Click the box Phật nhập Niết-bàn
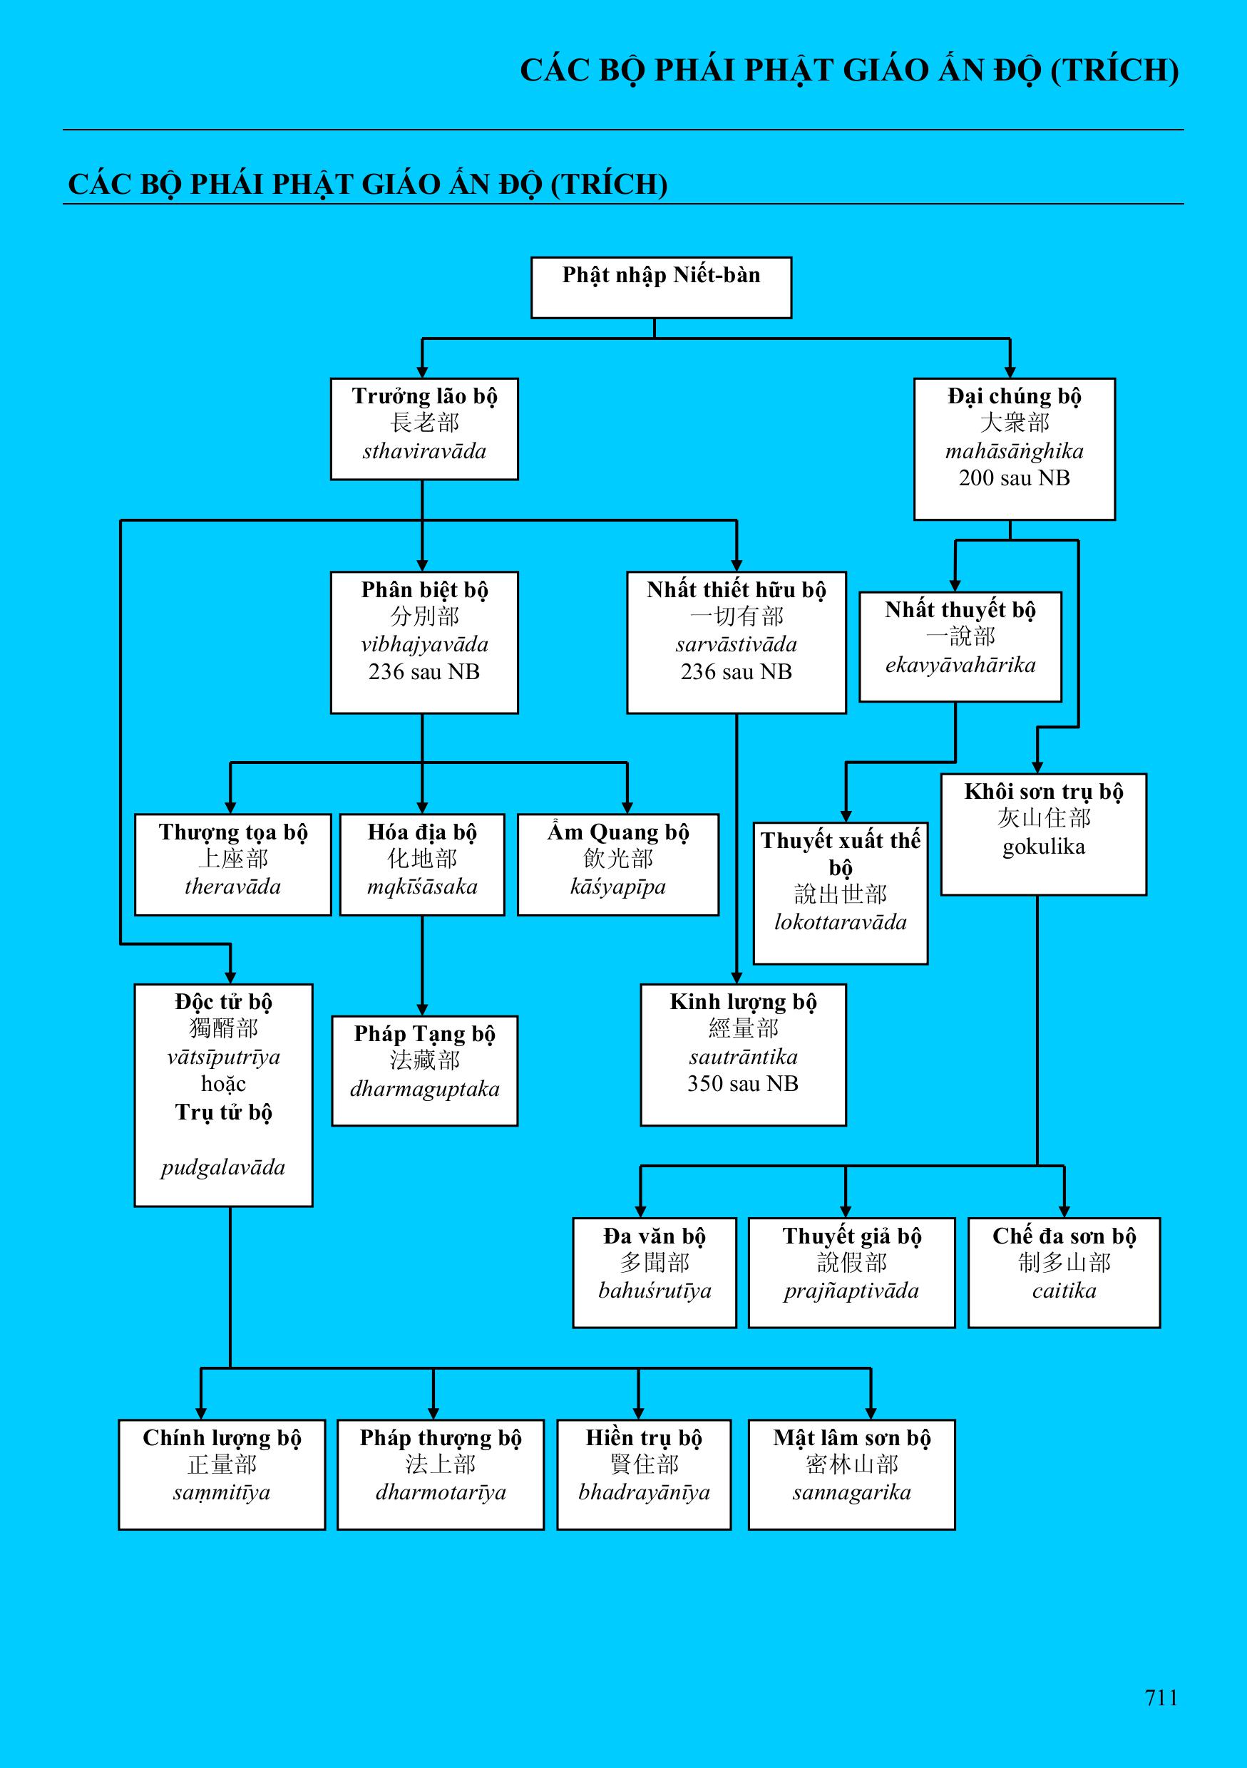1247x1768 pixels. click(661, 287)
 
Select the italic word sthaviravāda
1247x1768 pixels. click(424, 451)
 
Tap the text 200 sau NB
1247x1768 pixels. click(1015, 478)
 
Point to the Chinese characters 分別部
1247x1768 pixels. click(424, 616)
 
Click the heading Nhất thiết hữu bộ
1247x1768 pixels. click(737, 590)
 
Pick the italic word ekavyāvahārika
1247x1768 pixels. click(960, 665)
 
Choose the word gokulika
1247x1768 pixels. click(1044, 847)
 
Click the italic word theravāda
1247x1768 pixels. click(232, 887)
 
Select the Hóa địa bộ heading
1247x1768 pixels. click(422, 832)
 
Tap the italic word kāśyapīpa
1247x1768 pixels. click(617, 887)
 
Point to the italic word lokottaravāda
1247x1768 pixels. click(841, 923)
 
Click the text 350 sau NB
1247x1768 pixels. click(742, 1084)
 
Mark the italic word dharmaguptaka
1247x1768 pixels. click(424, 1089)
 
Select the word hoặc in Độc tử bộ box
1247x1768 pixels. click(223, 1084)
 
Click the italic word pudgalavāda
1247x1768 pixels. click(223, 1167)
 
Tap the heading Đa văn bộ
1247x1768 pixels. click(654, 1236)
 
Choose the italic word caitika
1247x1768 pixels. click(1064, 1291)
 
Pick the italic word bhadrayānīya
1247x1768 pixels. click(644, 1492)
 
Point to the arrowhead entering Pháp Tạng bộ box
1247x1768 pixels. click(422, 1010)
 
